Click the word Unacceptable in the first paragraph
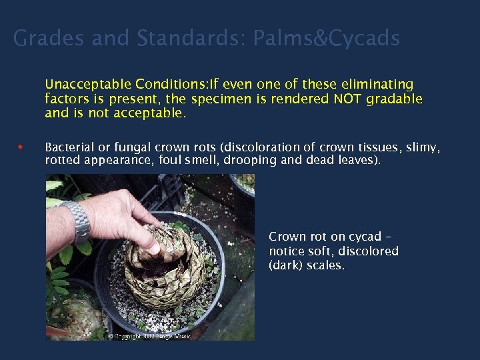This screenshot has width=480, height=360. (89, 85)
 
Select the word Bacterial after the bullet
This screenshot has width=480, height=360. (71, 147)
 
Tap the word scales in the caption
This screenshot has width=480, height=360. (327, 265)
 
